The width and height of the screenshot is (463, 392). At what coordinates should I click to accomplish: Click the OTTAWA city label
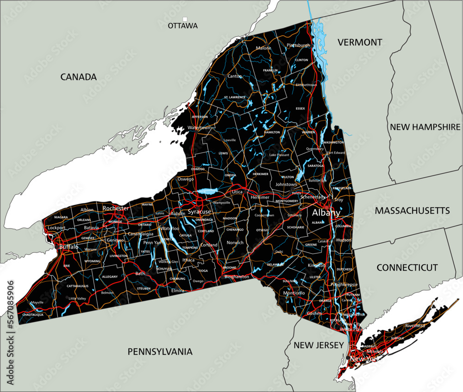(x=183, y=26)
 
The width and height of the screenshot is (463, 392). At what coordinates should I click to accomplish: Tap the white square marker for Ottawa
(x=185, y=19)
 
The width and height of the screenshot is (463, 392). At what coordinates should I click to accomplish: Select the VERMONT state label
(x=360, y=42)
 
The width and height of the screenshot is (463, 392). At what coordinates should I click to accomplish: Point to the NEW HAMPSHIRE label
(x=425, y=127)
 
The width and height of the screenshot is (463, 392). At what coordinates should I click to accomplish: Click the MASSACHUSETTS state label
(x=412, y=211)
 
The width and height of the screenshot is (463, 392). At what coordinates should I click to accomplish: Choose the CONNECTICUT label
(x=407, y=267)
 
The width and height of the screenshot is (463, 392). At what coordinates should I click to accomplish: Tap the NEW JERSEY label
(x=319, y=345)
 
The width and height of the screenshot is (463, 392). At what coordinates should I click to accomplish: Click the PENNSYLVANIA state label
(x=160, y=352)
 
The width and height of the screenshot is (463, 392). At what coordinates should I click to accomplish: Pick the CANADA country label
(x=79, y=77)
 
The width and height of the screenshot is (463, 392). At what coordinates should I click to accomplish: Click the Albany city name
(x=326, y=213)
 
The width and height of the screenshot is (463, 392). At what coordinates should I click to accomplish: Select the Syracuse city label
(x=200, y=212)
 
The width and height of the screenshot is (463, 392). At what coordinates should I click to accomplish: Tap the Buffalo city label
(x=69, y=247)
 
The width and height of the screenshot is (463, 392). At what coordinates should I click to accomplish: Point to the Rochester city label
(x=116, y=209)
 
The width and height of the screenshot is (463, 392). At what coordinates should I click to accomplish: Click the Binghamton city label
(x=236, y=277)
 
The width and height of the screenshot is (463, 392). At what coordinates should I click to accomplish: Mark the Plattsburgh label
(x=299, y=45)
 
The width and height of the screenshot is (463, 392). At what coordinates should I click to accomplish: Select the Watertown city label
(x=200, y=127)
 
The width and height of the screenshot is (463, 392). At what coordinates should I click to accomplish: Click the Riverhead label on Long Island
(x=415, y=326)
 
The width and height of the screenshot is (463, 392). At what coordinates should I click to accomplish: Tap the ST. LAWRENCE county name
(x=235, y=97)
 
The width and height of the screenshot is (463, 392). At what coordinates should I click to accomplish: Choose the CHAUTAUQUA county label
(x=33, y=315)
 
